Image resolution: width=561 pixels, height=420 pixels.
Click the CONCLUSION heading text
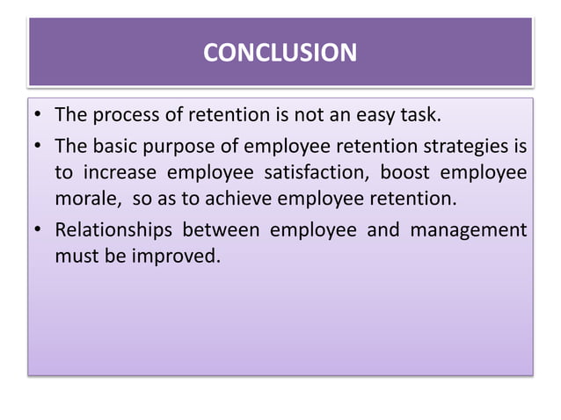click(280, 53)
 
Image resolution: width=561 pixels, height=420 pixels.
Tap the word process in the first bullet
click(122, 115)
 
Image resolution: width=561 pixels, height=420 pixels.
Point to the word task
click(424, 115)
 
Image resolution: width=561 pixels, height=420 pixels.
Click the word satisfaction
click(323, 170)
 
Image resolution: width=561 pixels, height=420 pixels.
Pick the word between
click(220, 231)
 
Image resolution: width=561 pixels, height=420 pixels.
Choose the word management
click(473, 231)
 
